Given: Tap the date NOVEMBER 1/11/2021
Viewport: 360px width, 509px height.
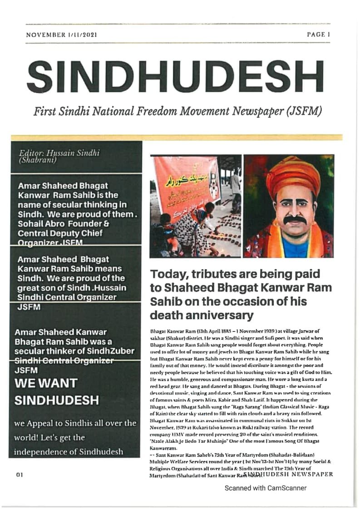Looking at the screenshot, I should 62,35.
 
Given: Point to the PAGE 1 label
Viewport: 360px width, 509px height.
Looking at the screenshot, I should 318,34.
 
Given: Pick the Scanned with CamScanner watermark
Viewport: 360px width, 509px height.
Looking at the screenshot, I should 266,488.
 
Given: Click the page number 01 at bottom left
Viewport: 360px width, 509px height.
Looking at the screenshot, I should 20,475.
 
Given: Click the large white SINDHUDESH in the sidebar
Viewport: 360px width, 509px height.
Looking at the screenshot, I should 57,401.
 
